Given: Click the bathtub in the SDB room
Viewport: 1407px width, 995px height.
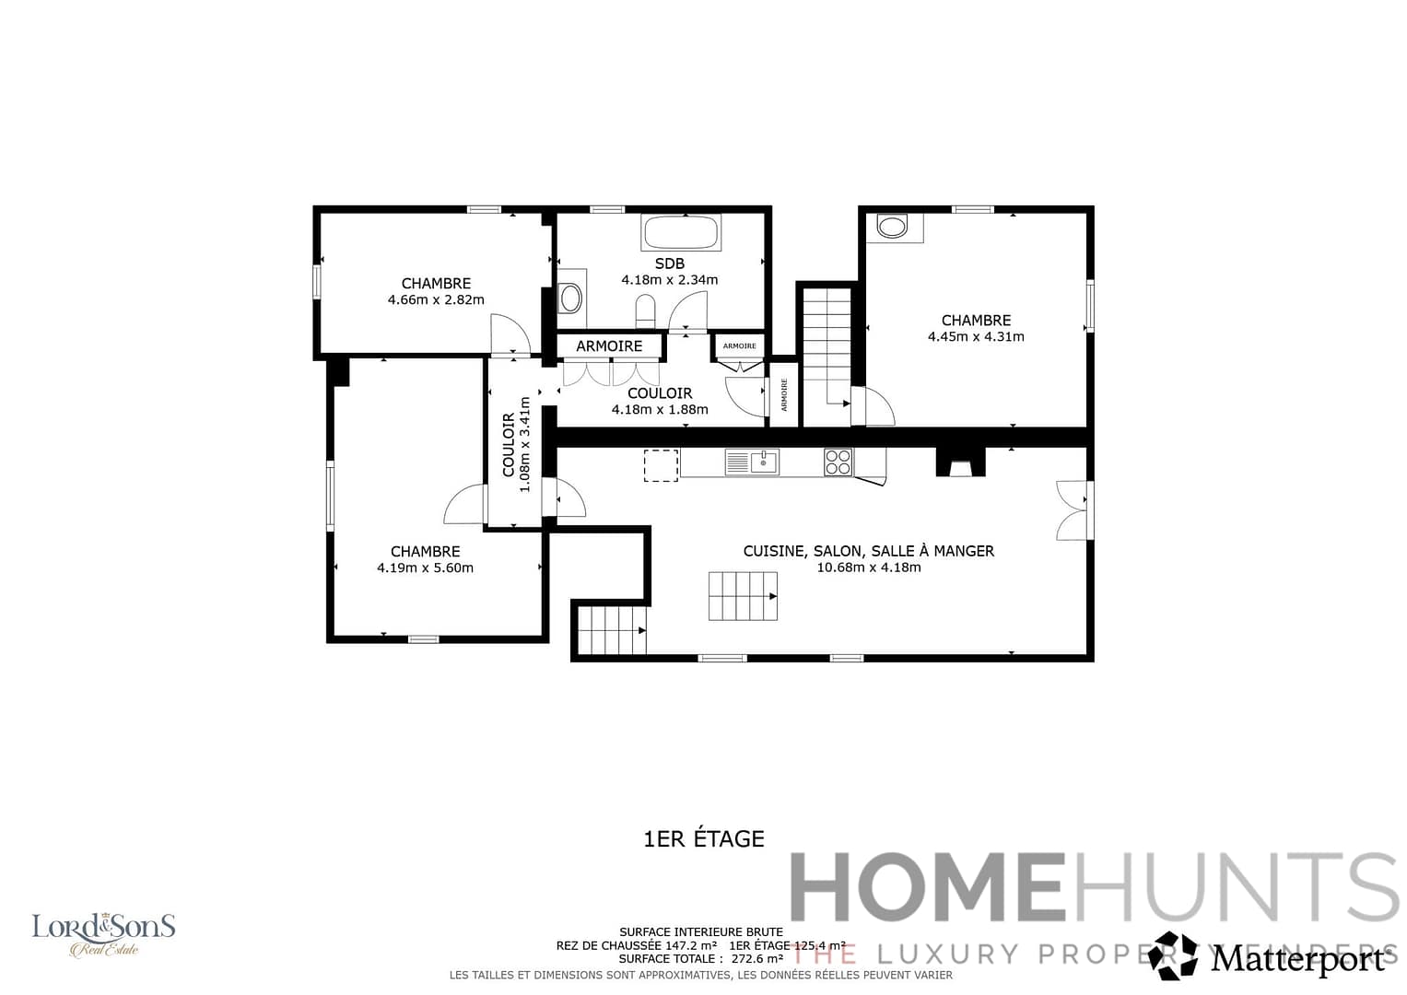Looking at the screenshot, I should [681, 232].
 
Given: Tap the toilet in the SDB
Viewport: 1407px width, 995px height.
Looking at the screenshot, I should [645, 310].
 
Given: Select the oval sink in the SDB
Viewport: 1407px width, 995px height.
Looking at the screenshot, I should [571, 298].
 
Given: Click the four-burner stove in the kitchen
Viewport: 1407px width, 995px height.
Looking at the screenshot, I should [838, 462].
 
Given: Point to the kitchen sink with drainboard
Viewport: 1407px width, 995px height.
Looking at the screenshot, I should [752, 462].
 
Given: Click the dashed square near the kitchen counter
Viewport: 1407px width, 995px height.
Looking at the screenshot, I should [661, 465].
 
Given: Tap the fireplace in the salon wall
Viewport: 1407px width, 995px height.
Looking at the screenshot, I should [960, 462].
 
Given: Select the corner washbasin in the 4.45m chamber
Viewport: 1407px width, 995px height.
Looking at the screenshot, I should [893, 226].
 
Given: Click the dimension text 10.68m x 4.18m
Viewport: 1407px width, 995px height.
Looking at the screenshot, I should [868, 568].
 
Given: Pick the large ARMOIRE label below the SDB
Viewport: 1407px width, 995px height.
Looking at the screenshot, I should [609, 346].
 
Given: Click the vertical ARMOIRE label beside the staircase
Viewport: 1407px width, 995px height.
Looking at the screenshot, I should [784, 395].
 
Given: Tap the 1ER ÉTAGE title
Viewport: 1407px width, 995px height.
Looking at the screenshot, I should [703, 838].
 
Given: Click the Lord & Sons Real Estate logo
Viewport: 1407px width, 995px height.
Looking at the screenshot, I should [103, 933].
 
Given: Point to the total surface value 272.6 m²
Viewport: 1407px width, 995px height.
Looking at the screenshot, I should [756, 958].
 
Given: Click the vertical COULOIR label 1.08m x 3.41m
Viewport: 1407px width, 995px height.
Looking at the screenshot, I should [516, 444].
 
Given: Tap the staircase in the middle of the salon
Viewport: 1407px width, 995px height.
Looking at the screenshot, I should [743, 595].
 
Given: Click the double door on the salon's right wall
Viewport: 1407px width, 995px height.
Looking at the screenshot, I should [1073, 509].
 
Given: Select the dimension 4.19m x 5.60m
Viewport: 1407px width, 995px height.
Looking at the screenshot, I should [425, 568].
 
